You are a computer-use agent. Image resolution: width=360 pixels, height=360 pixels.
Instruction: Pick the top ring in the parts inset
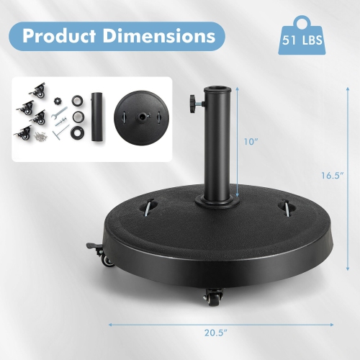[76, 95]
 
